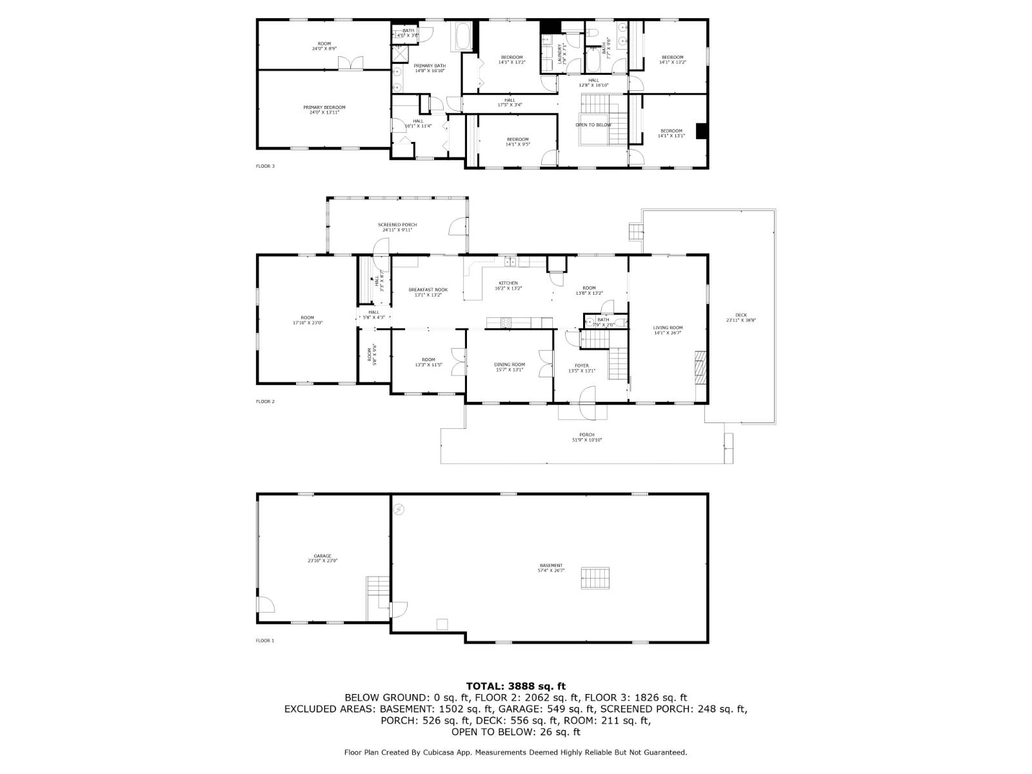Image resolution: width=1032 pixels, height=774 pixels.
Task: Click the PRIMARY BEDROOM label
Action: click(x=324, y=108)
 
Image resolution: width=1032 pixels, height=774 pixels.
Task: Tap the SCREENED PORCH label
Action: click(x=397, y=224)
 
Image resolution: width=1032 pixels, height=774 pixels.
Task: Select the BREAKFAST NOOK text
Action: click(x=428, y=290)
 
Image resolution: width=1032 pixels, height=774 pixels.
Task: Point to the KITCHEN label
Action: click(x=508, y=283)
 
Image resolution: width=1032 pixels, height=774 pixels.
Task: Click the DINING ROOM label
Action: click(x=510, y=364)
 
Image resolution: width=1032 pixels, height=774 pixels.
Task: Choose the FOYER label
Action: click(x=582, y=366)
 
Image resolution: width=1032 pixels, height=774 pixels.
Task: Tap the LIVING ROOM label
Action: click(x=668, y=328)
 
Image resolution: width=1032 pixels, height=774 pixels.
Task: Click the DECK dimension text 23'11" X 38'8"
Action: click(x=740, y=321)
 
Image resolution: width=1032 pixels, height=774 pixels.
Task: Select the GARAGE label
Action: click(x=322, y=556)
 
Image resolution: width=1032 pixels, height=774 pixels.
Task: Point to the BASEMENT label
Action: click(x=551, y=566)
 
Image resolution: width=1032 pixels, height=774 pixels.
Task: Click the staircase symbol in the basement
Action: click(x=595, y=577)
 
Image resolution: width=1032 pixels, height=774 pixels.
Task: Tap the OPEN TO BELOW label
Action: click(x=593, y=124)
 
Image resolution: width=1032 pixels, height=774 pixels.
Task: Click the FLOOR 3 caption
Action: click(x=265, y=166)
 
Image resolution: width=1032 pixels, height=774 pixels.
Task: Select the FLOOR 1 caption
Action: click(x=265, y=640)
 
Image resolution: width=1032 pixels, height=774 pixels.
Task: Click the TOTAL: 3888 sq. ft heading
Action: click(x=515, y=686)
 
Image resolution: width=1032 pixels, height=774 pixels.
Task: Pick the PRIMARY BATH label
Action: click(x=430, y=66)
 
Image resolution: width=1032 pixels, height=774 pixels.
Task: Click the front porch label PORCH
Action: click(x=586, y=435)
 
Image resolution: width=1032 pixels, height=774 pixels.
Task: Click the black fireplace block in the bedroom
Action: click(x=702, y=130)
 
